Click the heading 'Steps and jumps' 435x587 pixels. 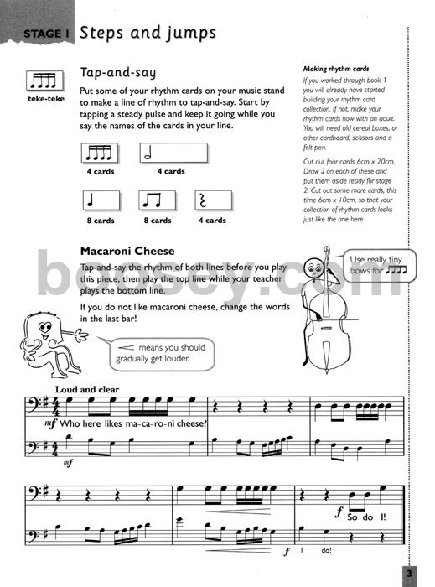click(x=148, y=33)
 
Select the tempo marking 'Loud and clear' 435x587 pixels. click(x=87, y=389)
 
